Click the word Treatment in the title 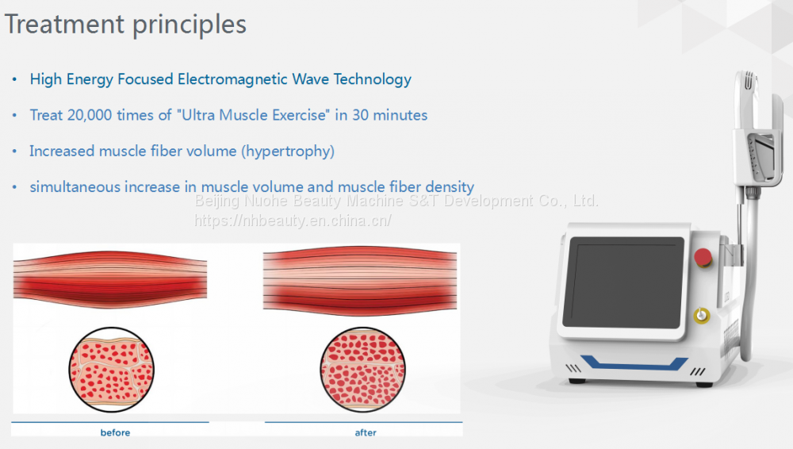[64, 24]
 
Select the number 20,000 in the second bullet [90, 115]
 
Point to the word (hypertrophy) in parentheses [288, 152]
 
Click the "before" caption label [115, 433]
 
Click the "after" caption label [366, 433]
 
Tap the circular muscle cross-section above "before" [111, 370]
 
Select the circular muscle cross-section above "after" [362, 370]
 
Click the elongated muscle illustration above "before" [110, 279]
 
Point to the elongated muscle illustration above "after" [360, 281]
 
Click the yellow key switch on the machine [702, 316]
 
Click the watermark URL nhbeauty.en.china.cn [293, 221]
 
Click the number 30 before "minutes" [360, 115]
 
